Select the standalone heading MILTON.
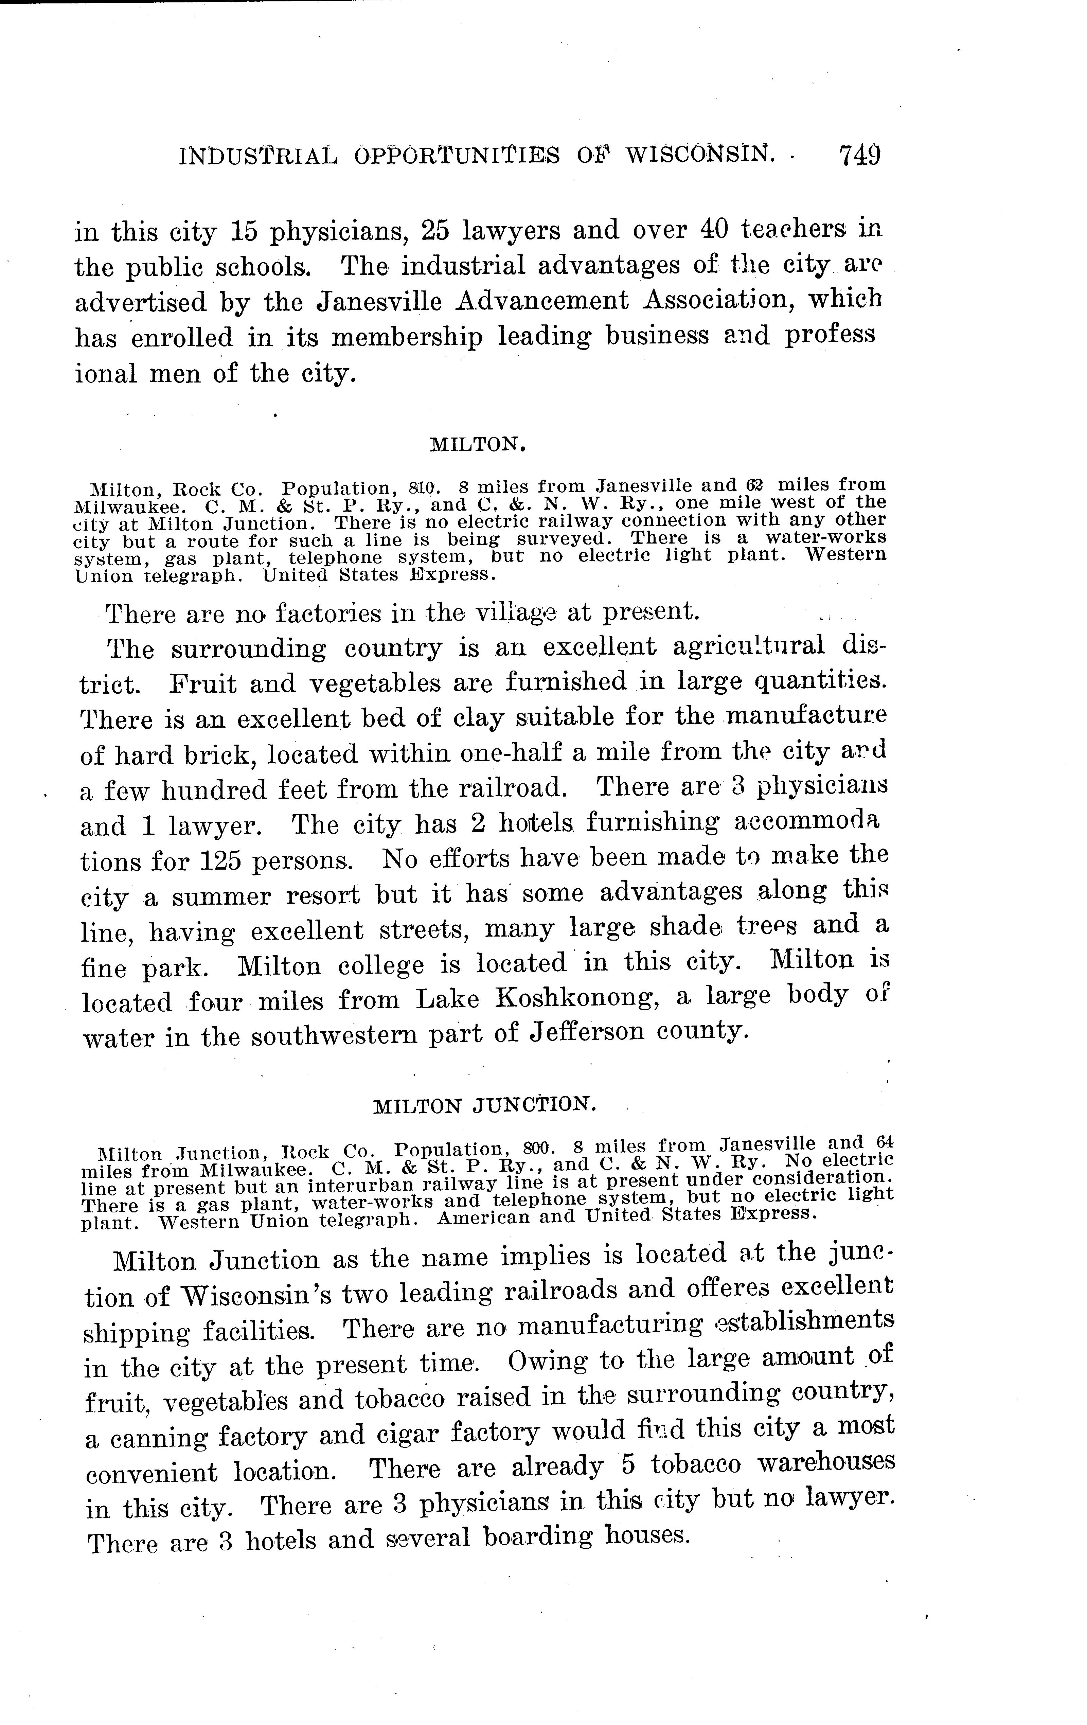478,445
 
